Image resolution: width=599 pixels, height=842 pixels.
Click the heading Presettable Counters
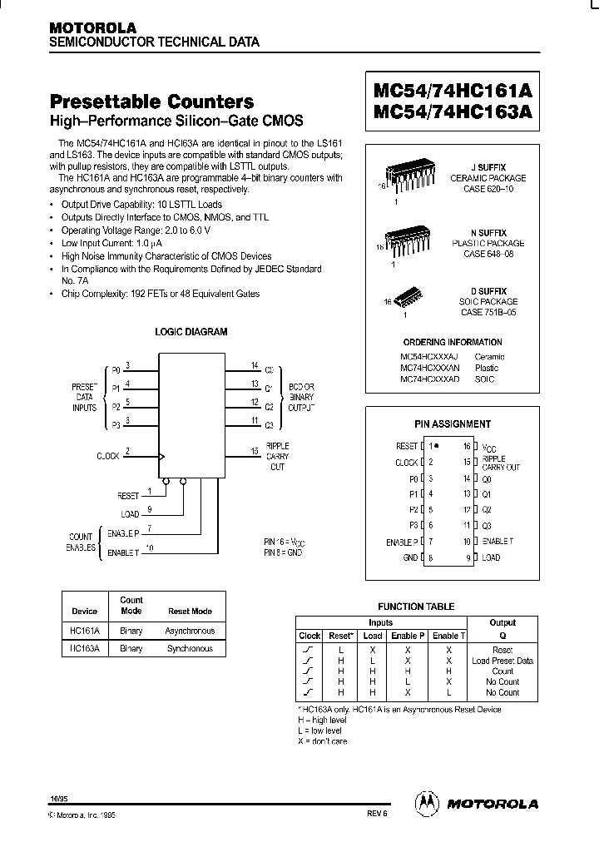coord(152,102)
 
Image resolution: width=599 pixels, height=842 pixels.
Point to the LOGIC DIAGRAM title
coord(191,331)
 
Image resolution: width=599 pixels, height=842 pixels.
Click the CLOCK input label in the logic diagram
coord(108,455)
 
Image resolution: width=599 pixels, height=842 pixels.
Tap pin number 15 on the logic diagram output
coord(255,451)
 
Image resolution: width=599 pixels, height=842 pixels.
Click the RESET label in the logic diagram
coord(128,495)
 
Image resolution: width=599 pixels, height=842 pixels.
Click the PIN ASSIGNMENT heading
coord(453,423)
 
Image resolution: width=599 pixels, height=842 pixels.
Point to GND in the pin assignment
coord(410,557)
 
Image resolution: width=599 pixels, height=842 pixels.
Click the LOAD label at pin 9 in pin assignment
coord(491,557)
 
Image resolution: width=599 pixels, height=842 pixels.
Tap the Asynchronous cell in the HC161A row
coord(191,631)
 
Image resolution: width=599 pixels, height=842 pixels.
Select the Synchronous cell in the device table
coord(191,647)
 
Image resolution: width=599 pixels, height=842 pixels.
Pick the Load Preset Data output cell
coord(502,660)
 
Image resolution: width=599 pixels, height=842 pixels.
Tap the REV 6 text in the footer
coord(376,815)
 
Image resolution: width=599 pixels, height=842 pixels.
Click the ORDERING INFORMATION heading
coord(453,342)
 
